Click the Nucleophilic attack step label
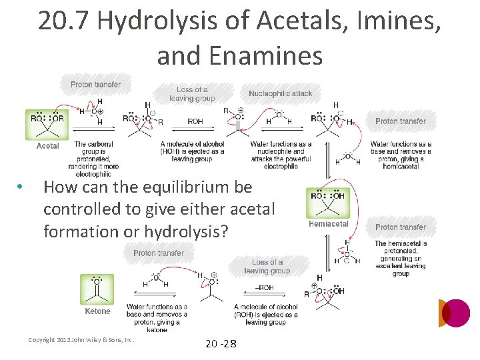[280, 93]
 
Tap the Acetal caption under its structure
[47, 146]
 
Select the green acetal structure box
[47, 124]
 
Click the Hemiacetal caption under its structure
[328, 224]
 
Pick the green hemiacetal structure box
[328, 202]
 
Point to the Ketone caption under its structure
[97, 311]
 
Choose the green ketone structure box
[97, 289]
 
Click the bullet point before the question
[22, 187]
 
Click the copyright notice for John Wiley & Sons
[81, 340]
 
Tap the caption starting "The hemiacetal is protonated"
[401, 258]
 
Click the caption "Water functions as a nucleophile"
[281, 155]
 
